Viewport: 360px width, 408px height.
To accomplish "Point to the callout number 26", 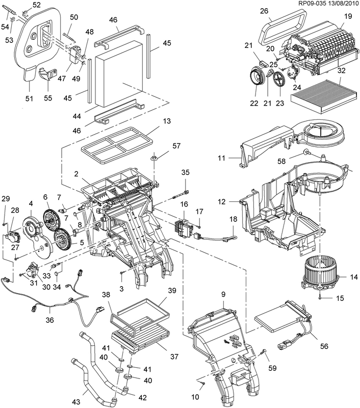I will [264, 11].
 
